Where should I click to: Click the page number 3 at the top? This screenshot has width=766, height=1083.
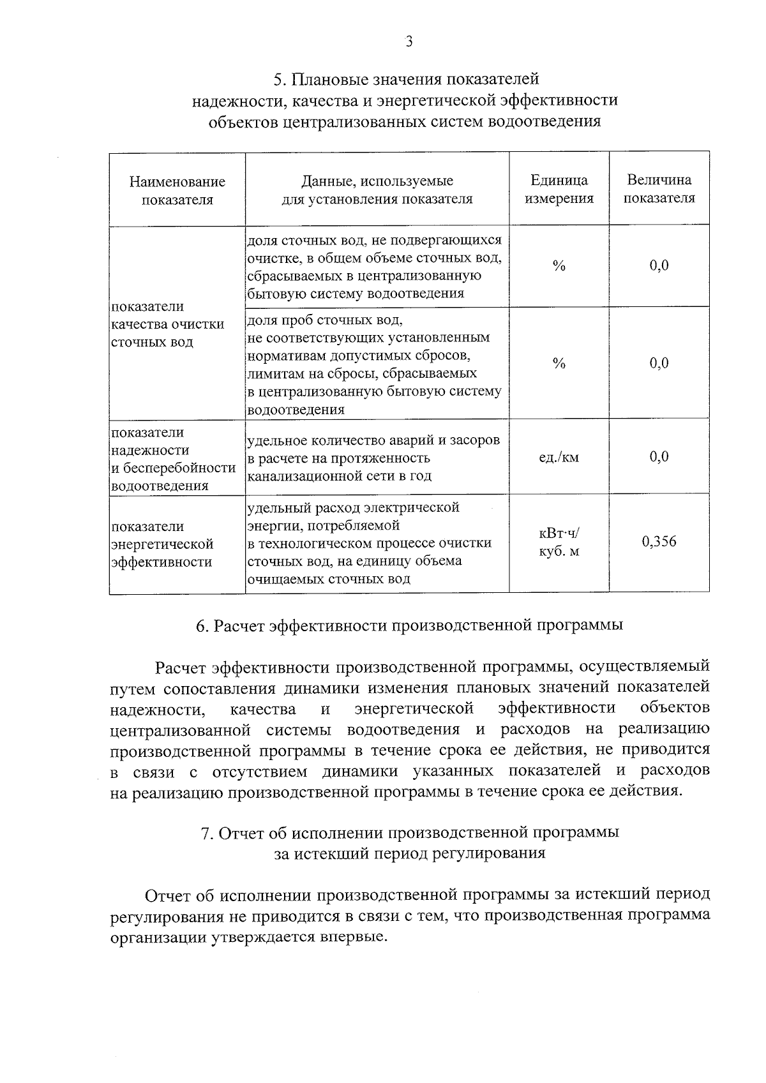(409, 42)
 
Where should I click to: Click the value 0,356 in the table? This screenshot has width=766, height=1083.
(659, 542)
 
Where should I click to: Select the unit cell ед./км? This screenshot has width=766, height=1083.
(559, 457)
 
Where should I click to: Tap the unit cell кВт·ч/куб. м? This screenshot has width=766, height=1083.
(559, 542)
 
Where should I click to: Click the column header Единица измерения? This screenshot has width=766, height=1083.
(559, 190)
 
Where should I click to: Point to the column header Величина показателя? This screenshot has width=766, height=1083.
(659, 189)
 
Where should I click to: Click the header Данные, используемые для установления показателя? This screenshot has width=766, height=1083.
(377, 190)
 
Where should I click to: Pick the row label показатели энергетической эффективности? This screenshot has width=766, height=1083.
(162, 544)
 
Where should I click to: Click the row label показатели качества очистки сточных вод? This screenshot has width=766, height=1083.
(168, 324)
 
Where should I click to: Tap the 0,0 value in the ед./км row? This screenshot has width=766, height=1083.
(659, 457)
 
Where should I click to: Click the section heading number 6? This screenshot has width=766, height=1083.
(202, 626)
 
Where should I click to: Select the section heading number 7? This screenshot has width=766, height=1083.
(206, 833)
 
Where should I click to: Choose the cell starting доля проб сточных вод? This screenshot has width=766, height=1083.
(373, 364)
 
